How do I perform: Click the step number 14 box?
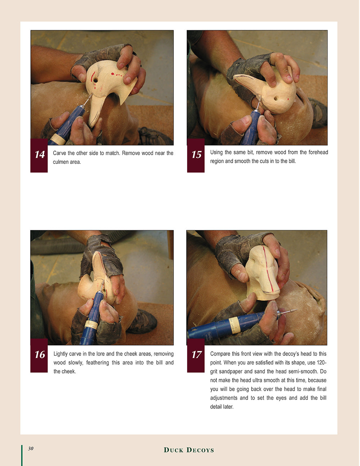(x=39, y=156)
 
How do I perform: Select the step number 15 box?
(x=195, y=156)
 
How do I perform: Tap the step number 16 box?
(x=39, y=355)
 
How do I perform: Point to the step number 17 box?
(x=195, y=355)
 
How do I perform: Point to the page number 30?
(x=31, y=448)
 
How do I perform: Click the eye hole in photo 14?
(x=95, y=81)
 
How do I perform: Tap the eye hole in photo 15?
(x=275, y=99)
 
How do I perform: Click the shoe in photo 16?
(x=143, y=321)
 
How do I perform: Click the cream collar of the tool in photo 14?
(x=58, y=139)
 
